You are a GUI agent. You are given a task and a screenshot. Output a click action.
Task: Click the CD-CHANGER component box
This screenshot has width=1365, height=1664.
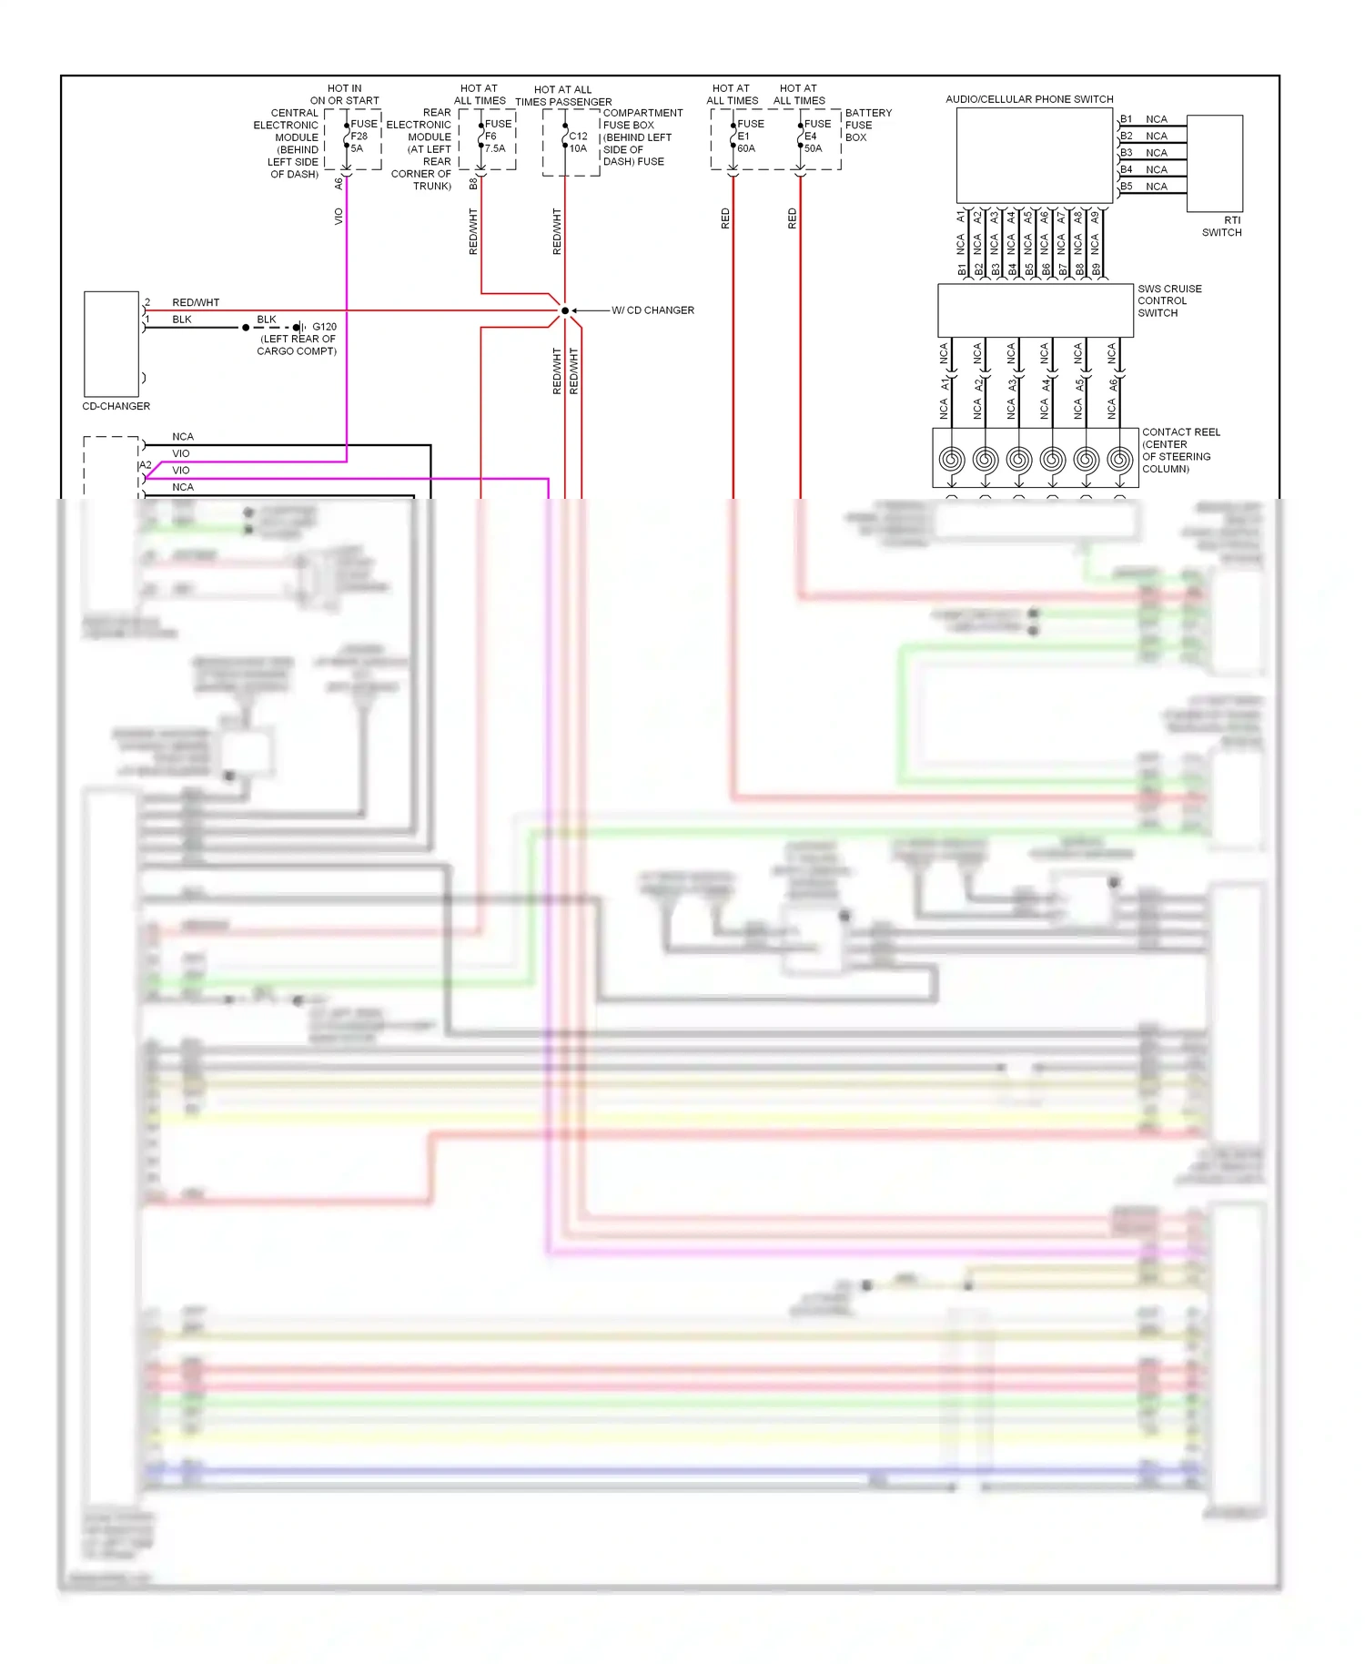tap(111, 343)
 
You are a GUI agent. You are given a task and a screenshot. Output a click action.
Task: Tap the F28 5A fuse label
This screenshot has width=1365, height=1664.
tap(362, 137)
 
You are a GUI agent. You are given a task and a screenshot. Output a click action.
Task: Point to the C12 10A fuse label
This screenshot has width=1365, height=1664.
tap(579, 142)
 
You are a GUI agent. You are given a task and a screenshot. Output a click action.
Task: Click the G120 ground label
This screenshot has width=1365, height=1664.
tap(324, 327)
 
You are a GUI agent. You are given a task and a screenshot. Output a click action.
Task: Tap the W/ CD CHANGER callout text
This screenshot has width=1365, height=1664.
tap(652, 310)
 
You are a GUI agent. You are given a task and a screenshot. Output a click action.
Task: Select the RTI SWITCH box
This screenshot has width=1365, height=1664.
tap(1215, 164)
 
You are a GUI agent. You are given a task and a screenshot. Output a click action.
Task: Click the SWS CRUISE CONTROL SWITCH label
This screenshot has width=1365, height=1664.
tap(1169, 300)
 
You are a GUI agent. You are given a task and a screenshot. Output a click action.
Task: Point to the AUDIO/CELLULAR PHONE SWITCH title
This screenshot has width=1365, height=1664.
tap(1029, 99)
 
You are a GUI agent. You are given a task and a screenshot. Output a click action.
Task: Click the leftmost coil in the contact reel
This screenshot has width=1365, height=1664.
tap(952, 459)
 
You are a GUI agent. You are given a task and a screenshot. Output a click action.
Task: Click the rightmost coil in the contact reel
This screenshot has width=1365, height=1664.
tap(1119, 459)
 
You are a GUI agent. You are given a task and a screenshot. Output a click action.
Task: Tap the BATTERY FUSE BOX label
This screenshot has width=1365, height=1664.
tap(867, 125)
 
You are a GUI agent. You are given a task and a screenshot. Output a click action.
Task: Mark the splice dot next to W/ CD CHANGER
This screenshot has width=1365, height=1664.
tap(565, 310)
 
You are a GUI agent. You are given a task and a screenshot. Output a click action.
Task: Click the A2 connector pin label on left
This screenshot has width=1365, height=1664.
tap(146, 465)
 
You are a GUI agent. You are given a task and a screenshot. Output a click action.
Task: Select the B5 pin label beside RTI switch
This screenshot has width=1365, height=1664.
tap(1127, 187)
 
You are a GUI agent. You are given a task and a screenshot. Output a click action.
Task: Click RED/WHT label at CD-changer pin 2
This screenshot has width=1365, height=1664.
tap(196, 302)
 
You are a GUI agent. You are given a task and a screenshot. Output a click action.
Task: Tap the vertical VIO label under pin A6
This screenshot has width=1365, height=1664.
tap(339, 217)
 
